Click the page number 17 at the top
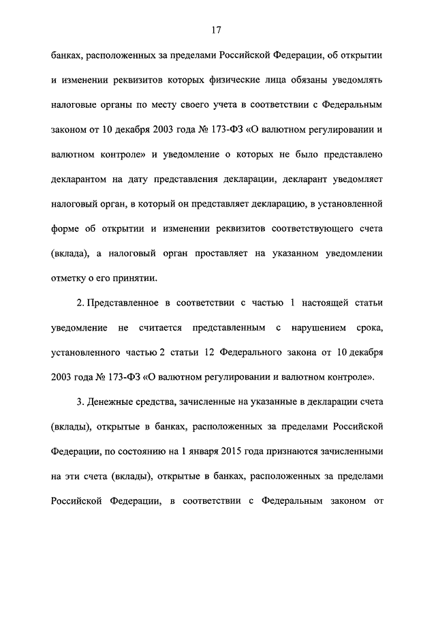[217, 30]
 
